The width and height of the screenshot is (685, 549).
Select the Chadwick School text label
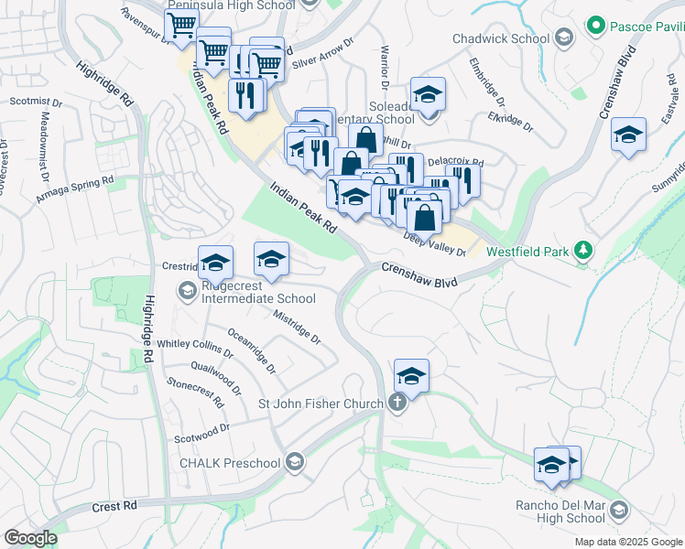501,38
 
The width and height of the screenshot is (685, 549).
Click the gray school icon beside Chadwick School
563,38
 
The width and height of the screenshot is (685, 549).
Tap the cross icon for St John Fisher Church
397,403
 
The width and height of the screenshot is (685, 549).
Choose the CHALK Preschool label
229,462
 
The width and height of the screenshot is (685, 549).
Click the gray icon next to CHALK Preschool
294,462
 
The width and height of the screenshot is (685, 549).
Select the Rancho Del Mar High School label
560,511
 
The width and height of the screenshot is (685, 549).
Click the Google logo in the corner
30,538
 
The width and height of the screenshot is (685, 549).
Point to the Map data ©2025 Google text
629,542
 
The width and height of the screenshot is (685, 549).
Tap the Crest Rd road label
114,506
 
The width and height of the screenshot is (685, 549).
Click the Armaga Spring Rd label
75,190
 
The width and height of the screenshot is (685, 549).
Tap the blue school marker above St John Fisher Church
411,376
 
